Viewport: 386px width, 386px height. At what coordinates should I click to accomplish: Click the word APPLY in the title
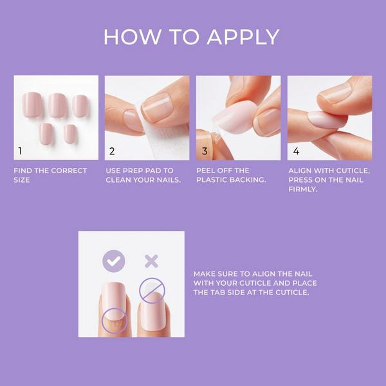click(x=243, y=37)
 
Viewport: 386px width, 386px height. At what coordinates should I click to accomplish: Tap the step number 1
click(x=20, y=151)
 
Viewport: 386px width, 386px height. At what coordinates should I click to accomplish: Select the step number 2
click(x=112, y=151)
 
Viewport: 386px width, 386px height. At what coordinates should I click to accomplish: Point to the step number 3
click(x=205, y=151)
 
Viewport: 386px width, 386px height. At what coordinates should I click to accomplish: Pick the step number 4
click(x=296, y=151)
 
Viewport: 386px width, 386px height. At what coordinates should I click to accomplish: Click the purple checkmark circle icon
click(x=113, y=261)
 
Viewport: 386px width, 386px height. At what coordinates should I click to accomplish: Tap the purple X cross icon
click(x=151, y=261)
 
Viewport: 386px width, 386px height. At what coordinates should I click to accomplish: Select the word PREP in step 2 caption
click(x=133, y=170)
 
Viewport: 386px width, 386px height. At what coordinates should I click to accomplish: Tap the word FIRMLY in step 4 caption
click(x=303, y=189)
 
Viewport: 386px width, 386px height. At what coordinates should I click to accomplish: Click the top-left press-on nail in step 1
click(x=32, y=104)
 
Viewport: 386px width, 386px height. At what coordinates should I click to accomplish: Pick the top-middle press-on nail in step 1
click(x=58, y=105)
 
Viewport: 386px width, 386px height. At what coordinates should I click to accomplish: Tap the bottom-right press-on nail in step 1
click(x=70, y=134)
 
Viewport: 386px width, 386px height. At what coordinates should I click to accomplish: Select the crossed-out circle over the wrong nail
click(x=152, y=291)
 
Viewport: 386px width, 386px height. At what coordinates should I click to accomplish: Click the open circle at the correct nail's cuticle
click(x=115, y=321)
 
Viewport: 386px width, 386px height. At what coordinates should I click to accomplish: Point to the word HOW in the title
click(x=132, y=37)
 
